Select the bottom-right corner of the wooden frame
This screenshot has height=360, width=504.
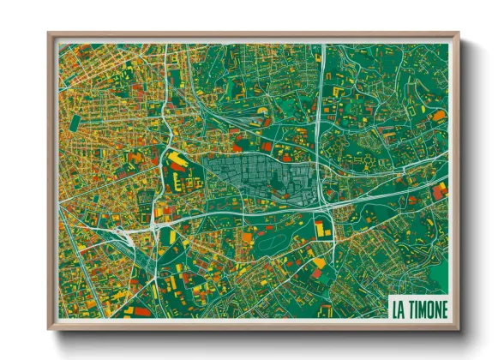click(459, 328)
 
